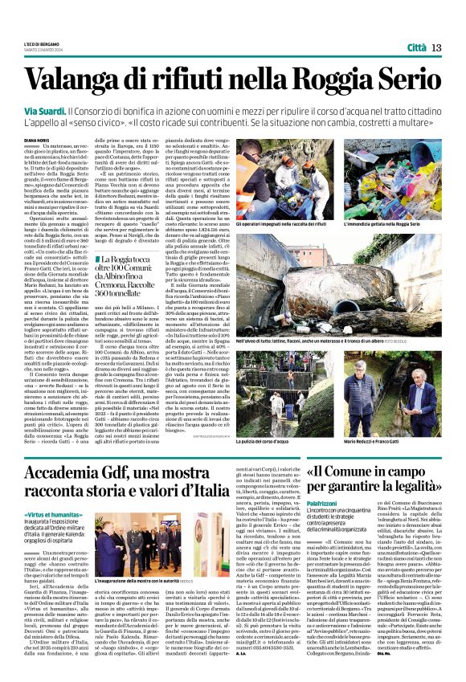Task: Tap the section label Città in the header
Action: click(416, 48)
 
